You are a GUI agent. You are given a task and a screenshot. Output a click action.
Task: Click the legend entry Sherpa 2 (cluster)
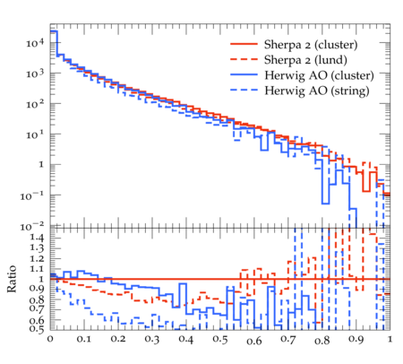point(311,45)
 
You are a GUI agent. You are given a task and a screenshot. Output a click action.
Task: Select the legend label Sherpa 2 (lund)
point(305,60)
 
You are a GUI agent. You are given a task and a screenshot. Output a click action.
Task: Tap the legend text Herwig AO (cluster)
point(319,75)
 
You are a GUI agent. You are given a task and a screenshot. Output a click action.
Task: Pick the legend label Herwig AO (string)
point(316,91)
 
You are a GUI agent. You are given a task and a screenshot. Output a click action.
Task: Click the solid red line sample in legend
point(244,44)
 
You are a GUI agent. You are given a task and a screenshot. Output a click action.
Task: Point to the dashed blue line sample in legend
point(244,90)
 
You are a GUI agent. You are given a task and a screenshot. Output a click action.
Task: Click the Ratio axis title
point(12,279)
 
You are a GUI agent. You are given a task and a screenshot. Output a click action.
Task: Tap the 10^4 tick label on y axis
point(35,43)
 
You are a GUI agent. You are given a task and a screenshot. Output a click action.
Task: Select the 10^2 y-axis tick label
point(35,104)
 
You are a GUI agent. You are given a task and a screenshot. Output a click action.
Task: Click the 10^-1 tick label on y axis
point(32,195)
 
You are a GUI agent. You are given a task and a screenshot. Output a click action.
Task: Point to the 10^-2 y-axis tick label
point(32,227)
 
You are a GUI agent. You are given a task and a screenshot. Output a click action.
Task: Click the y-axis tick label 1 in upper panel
point(41,164)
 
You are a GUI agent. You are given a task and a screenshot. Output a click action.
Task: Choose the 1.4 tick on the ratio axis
point(37,238)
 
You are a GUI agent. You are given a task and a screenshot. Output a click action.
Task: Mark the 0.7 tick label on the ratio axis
point(37,308)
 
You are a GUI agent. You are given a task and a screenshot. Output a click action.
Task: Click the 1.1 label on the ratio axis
point(37,269)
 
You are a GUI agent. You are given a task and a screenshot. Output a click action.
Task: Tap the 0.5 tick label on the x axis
point(220,339)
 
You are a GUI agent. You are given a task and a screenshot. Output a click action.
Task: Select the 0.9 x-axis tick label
point(356,339)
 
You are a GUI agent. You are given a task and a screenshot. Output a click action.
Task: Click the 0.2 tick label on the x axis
point(118,339)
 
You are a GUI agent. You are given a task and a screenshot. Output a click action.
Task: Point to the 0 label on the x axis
point(50,339)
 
